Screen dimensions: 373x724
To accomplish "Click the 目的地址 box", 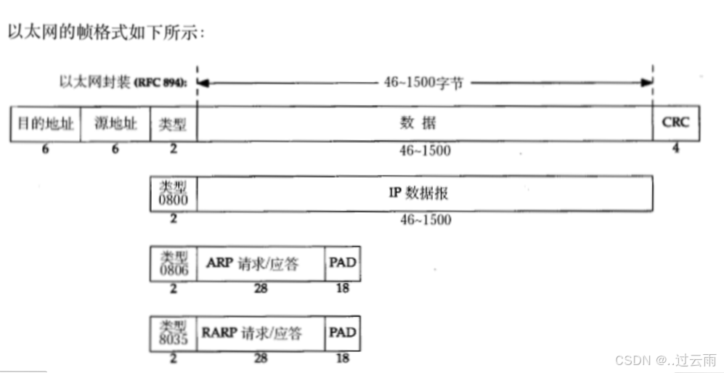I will click(46, 123).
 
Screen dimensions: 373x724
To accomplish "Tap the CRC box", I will click(675, 123).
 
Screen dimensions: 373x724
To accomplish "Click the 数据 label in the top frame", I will click(418, 123).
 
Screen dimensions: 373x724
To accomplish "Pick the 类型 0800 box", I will click(173, 195).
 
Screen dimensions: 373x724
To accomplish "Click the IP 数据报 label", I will click(424, 194).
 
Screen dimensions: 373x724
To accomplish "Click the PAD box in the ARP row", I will click(343, 263).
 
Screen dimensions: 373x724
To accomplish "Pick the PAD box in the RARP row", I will click(343, 333).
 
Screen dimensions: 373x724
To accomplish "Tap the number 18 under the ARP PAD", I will click(343, 289).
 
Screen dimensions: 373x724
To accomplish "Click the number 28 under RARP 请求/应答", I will click(261, 358).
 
